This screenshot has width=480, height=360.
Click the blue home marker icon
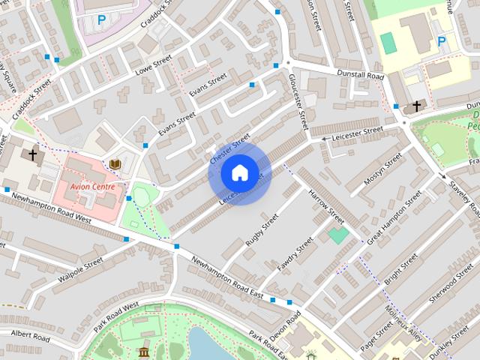[238, 173]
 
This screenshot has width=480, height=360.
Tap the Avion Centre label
[92, 186]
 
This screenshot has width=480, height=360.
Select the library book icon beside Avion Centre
[115, 163]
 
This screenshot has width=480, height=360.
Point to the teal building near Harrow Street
[338, 235]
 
